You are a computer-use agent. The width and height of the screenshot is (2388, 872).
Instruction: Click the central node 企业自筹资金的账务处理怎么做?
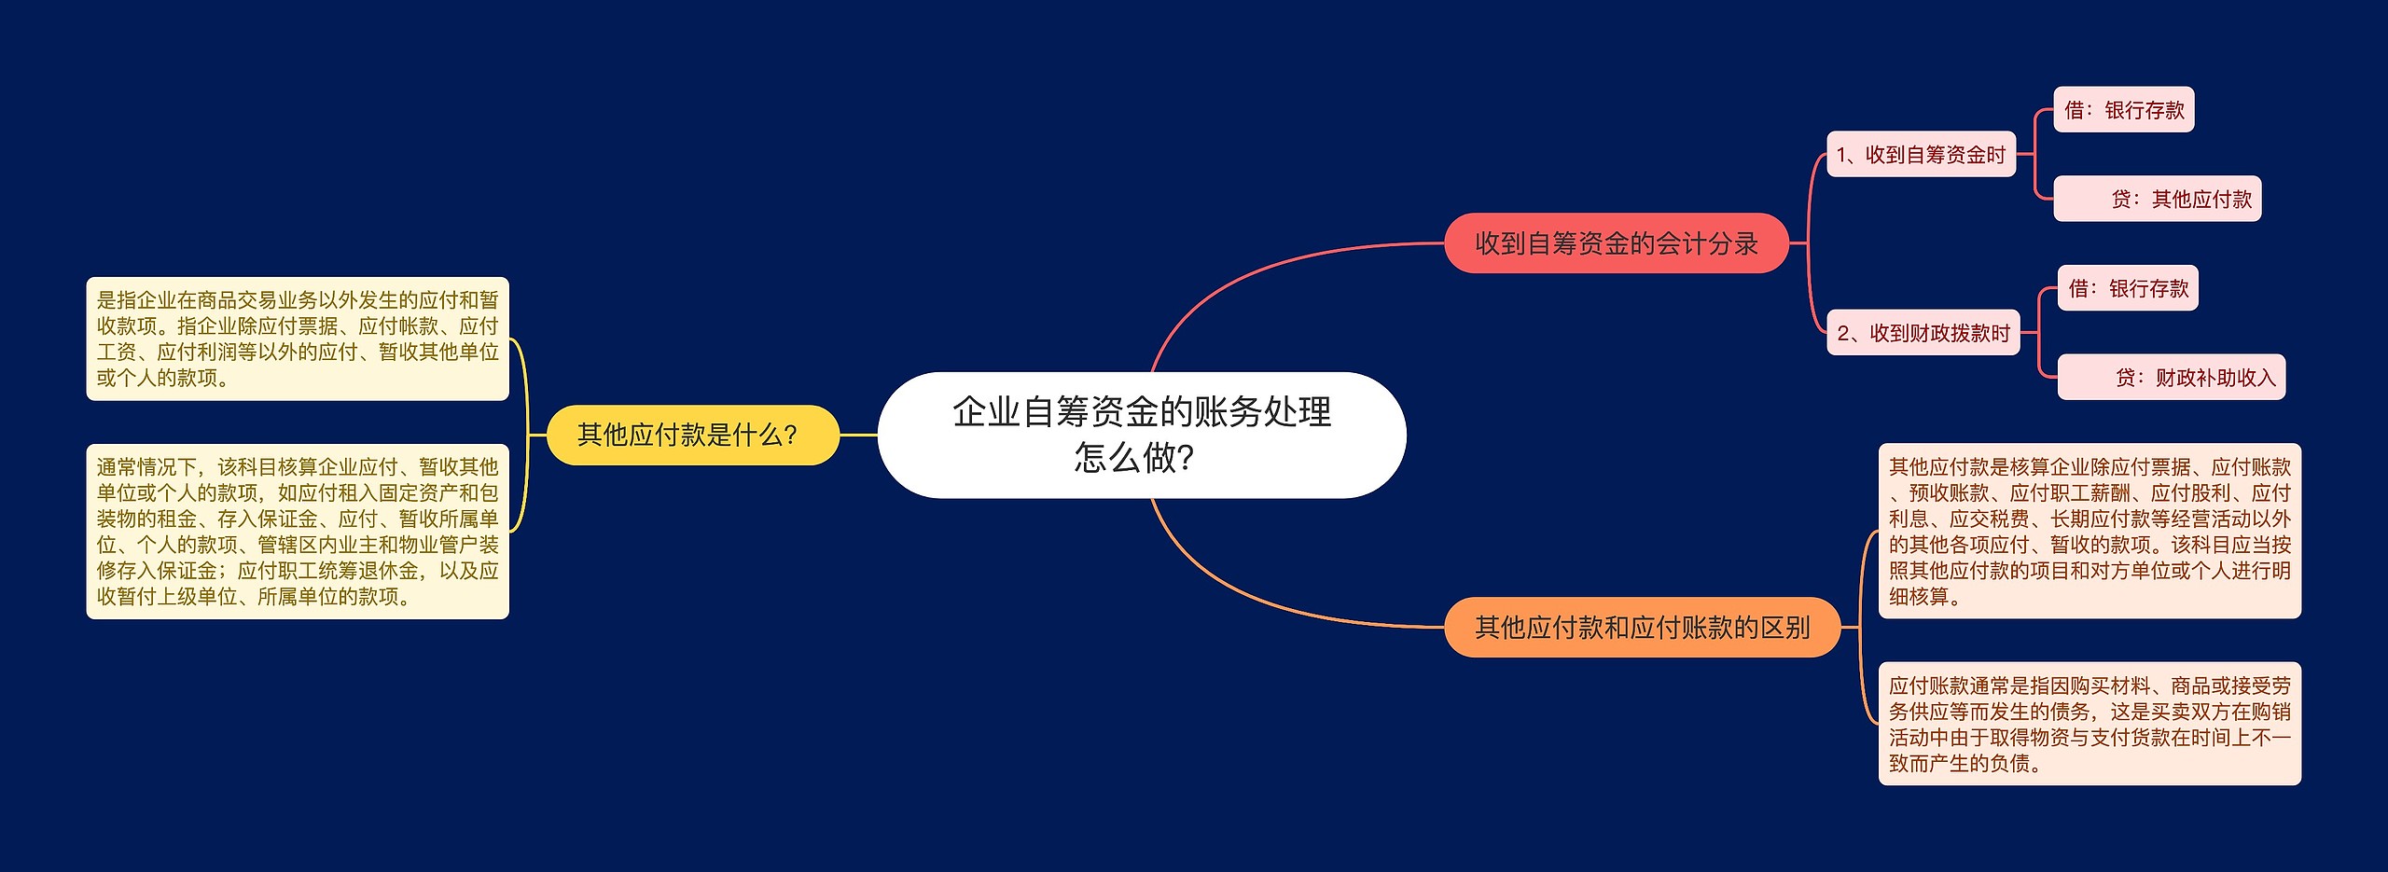pyautogui.click(x=1142, y=435)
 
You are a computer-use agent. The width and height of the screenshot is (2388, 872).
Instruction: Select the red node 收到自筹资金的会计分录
pyautogui.click(x=1616, y=243)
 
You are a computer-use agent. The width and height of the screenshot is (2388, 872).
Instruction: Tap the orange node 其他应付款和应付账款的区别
pyautogui.click(x=1642, y=628)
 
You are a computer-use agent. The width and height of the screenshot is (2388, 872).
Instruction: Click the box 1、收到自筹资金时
pyautogui.click(x=1921, y=155)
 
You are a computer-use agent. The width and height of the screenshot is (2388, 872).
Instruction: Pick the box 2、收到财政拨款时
pyautogui.click(x=1923, y=333)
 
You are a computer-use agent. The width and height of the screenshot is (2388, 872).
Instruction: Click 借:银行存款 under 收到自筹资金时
pyautogui.click(x=2123, y=110)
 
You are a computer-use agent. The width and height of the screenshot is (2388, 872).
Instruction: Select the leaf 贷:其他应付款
pyautogui.click(x=2157, y=199)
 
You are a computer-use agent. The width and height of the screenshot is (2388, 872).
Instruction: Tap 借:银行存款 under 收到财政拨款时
pyautogui.click(x=2127, y=288)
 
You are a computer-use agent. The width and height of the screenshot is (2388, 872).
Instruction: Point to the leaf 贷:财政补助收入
pyautogui.click(x=2171, y=377)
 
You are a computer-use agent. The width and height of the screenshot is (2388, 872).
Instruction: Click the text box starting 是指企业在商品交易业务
pyautogui.click(x=298, y=339)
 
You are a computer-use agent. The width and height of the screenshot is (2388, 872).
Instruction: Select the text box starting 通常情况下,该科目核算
pyautogui.click(x=298, y=532)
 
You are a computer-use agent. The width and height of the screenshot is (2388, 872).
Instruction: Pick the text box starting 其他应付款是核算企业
pyautogui.click(x=2089, y=531)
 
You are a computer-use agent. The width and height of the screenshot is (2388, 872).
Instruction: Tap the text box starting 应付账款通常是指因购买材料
pyautogui.click(x=2089, y=724)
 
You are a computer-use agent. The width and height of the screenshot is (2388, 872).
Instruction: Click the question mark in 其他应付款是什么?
pyautogui.click(x=791, y=436)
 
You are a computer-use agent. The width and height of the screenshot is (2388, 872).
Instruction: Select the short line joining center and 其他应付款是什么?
pyautogui.click(x=858, y=435)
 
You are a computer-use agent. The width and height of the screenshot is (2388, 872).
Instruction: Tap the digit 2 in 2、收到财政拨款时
pyautogui.click(x=1843, y=334)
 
